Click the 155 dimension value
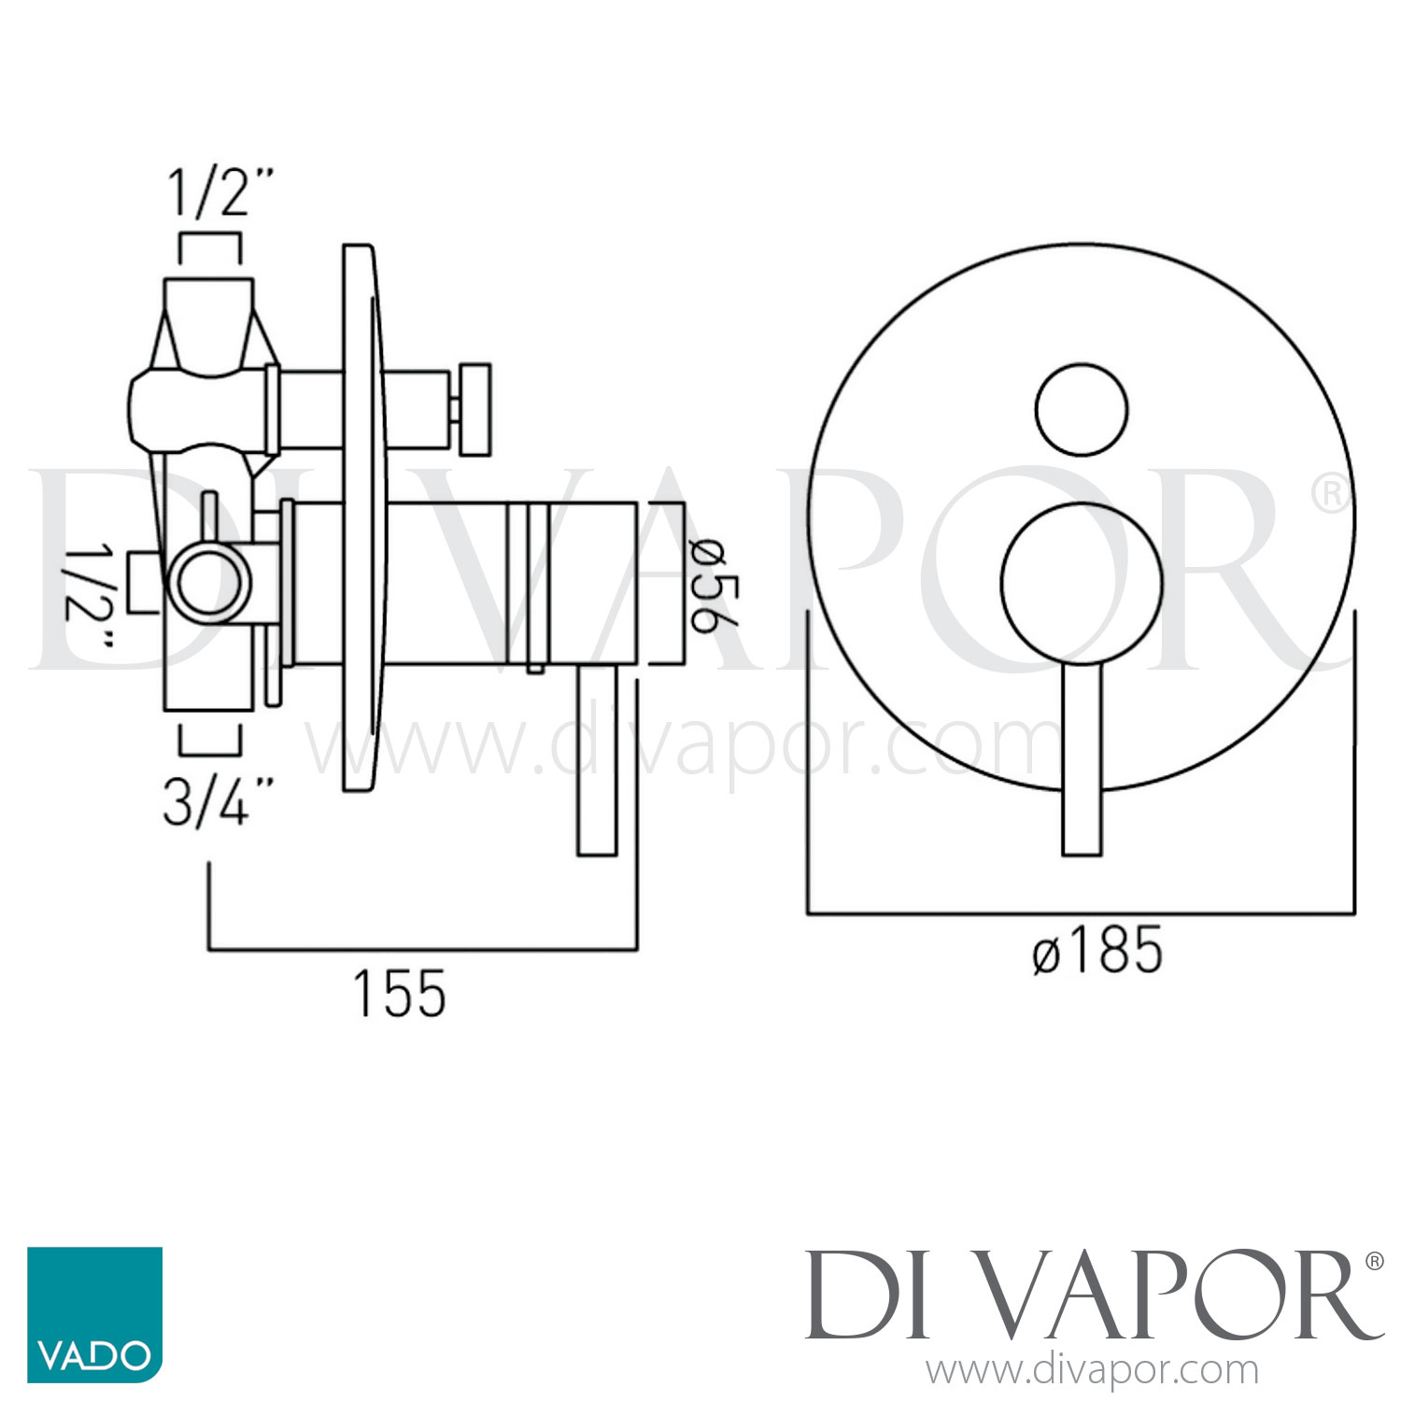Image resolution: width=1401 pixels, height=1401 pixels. coord(400,994)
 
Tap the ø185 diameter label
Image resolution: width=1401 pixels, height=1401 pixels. coord(1097,951)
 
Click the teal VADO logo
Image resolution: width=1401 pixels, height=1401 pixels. coord(94,1314)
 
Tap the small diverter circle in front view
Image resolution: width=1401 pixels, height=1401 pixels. coord(1082,409)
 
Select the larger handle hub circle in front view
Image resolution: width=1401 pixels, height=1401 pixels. coord(1082,583)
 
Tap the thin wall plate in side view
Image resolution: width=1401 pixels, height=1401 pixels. coord(360,518)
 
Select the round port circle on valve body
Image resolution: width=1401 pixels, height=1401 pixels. coord(211,586)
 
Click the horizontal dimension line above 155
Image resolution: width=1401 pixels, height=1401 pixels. coord(422,950)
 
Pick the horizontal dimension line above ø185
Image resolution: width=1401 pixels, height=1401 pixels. coord(1081,913)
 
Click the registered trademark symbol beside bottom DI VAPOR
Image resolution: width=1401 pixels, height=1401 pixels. coord(1374,1261)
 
